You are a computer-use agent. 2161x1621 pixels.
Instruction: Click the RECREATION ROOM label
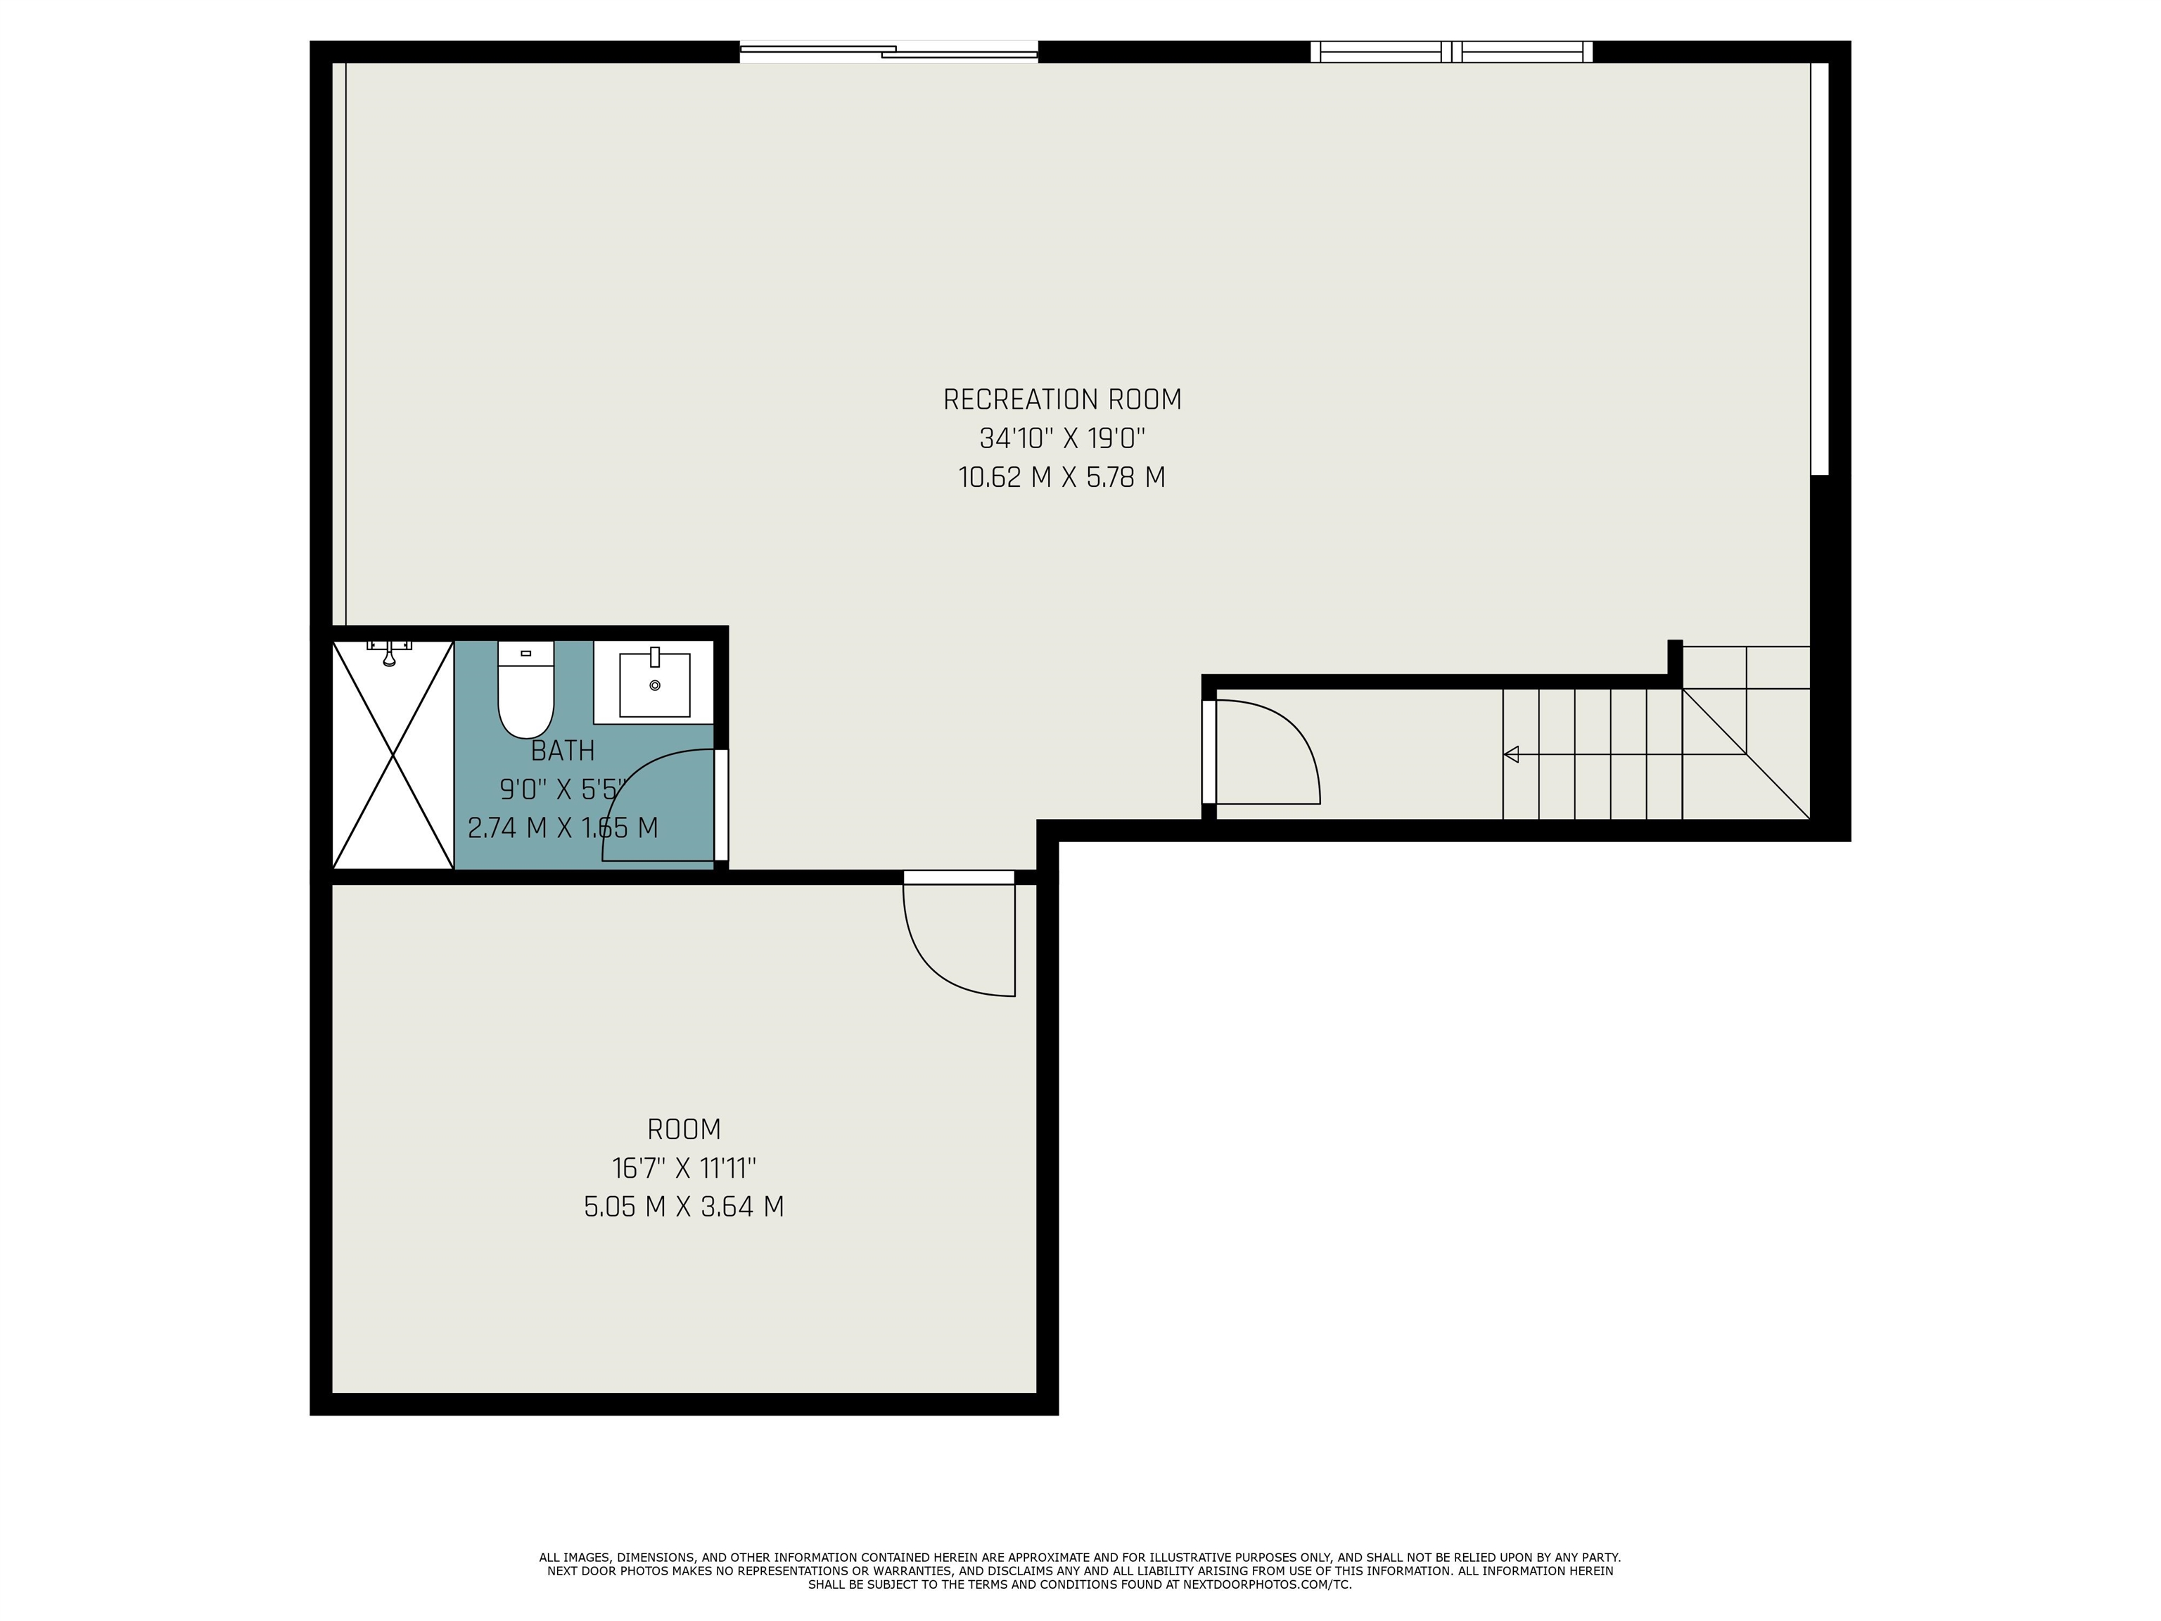1062,400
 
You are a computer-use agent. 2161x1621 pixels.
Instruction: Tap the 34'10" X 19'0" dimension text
1062,438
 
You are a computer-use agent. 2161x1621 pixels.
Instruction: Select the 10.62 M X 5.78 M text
1062,478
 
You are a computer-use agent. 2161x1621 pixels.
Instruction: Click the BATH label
563,751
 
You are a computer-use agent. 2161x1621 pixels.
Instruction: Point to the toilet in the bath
525,689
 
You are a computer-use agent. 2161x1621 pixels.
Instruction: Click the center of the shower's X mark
393,754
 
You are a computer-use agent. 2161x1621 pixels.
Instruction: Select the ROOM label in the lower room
684,1129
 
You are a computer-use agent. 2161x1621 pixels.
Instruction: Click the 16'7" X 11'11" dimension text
684,1168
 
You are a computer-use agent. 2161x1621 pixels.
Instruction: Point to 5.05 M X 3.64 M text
684,1207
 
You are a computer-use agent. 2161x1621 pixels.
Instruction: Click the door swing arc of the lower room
928,962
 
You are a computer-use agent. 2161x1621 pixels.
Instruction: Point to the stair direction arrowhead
1511,754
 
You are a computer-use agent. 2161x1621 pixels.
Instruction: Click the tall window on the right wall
1819,269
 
